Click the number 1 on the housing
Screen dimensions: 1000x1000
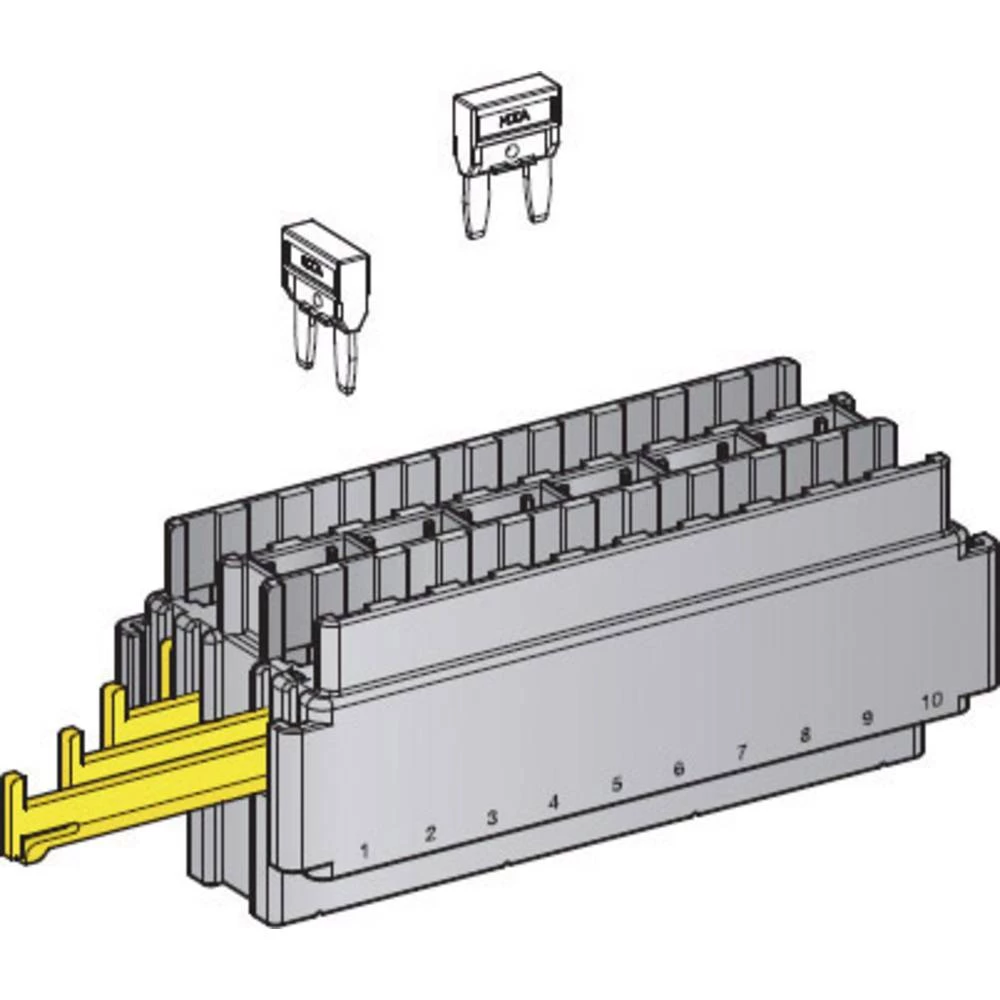click(x=365, y=851)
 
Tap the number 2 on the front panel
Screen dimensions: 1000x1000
click(x=430, y=833)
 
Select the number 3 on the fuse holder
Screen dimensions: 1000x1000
click(x=492, y=817)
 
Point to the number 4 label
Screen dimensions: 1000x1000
click(x=554, y=801)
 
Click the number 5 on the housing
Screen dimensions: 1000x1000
click(x=616, y=784)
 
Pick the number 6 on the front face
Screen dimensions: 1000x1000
click(x=679, y=768)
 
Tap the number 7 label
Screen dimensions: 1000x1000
click(x=741, y=752)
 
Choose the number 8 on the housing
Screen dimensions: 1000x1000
click(x=805, y=735)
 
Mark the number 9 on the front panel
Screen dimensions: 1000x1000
click(x=867, y=717)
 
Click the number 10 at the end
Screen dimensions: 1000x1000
click(x=931, y=700)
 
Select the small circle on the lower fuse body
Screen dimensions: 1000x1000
click(x=317, y=300)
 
